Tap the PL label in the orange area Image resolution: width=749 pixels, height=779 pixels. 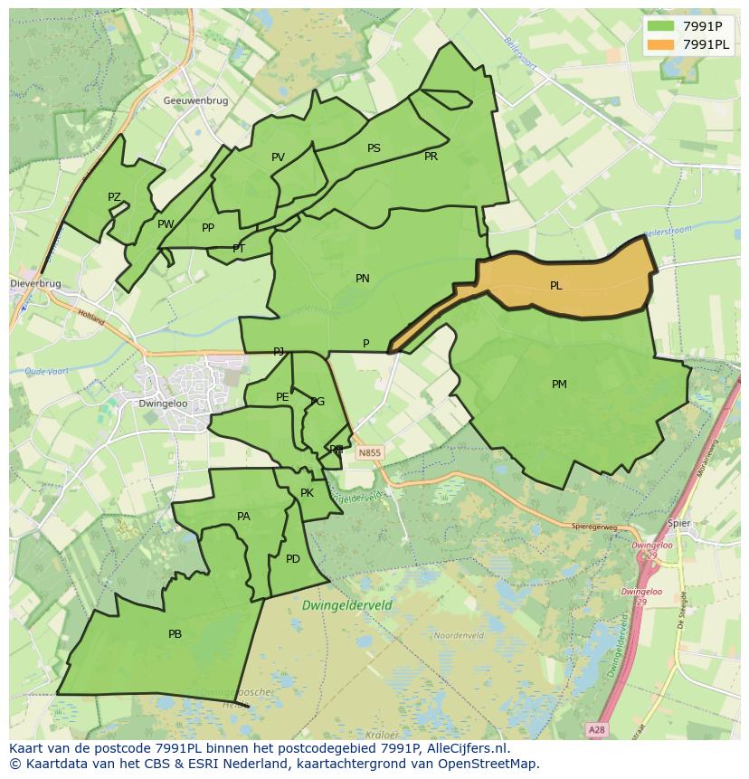pyautogui.click(x=555, y=286)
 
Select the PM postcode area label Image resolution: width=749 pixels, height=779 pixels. pyautogui.click(x=559, y=385)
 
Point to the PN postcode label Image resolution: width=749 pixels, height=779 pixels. pyautogui.click(x=362, y=279)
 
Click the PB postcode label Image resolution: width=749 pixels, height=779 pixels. pyautogui.click(x=175, y=634)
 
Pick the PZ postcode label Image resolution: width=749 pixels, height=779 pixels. pyautogui.click(x=114, y=197)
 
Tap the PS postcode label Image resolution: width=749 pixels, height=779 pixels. pyautogui.click(x=374, y=148)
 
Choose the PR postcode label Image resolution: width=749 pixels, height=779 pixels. pyautogui.click(x=431, y=157)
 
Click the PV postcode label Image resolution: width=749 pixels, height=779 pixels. pyautogui.click(x=278, y=157)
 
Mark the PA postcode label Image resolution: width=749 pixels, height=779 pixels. pyautogui.click(x=242, y=517)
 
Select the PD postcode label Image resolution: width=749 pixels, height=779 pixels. pyautogui.click(x=292, y=559)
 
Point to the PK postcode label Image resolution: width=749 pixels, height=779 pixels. pyautogui.click(x=307, y=493)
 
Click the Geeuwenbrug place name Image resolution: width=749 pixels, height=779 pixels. pyautogui.click(x=195, y=101)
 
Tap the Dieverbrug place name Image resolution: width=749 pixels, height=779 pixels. pyautogui.click(x=35, y=283)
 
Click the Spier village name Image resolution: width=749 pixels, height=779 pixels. pyautogui.click(x=678, y=523)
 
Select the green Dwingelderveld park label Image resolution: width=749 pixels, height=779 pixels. pyautogui.click(x=348, y=604)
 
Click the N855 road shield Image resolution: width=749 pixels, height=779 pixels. pyautogui.click(x=369, y=452)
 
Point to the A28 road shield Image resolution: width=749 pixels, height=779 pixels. pyautogui.click(x=595, y=728)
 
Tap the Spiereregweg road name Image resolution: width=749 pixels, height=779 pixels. pyautogui.click(x=593, y=526)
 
